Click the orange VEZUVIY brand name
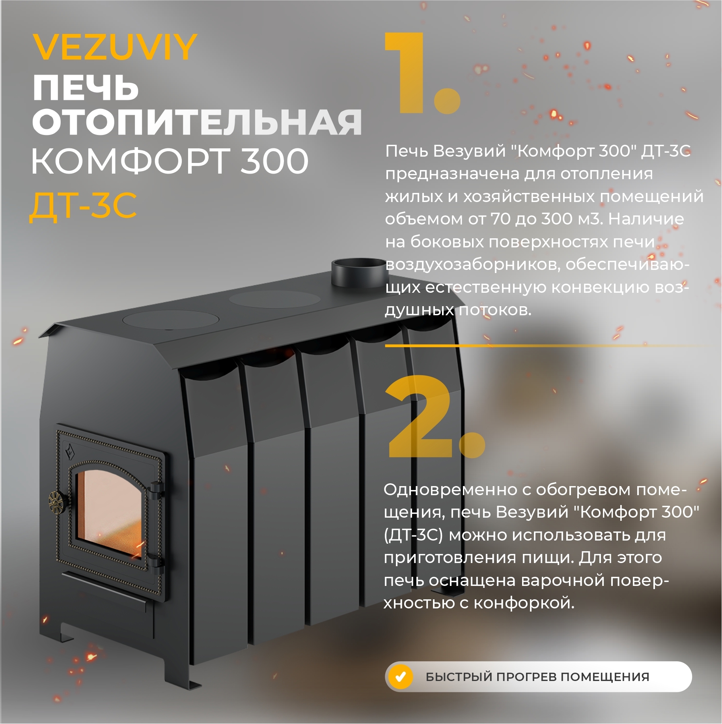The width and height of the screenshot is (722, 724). click(114, 47)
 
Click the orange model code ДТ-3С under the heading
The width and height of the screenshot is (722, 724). click(83, 206)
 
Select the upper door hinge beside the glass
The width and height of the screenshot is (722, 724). click(156, 488)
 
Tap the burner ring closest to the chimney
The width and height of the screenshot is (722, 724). click(274, 299)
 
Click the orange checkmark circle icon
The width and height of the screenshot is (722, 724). click(401, 677)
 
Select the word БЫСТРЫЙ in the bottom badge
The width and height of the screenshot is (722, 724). click(459, 677)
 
